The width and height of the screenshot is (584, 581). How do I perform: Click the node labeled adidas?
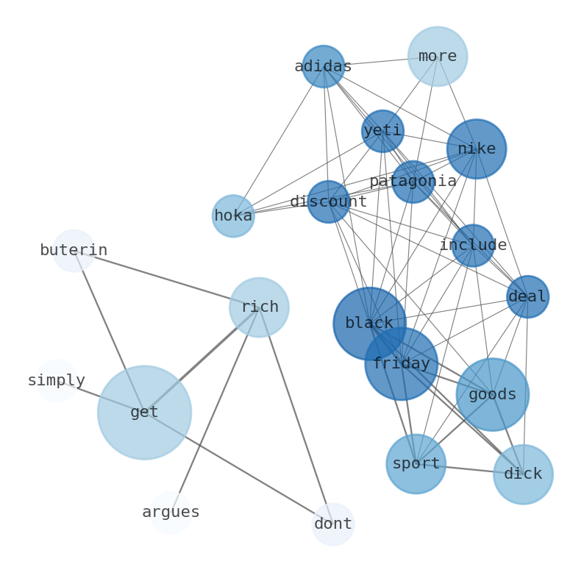323,66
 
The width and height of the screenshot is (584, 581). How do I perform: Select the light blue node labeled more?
437,56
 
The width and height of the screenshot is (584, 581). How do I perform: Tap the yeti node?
382,131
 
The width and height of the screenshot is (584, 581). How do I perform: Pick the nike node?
476,149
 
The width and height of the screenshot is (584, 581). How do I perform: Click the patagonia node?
413,181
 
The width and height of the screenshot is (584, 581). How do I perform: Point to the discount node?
328,202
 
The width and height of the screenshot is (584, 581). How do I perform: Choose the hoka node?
233,216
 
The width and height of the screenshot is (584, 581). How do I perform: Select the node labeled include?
473,245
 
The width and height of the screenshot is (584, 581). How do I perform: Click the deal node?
527,296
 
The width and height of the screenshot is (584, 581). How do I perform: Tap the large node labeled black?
369,323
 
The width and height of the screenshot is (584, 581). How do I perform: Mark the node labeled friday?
401,363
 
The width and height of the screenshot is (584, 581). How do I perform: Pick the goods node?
492,394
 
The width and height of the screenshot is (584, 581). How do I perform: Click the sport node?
416,463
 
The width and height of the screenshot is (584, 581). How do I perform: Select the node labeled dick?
523,474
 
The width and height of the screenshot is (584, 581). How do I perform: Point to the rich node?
259,307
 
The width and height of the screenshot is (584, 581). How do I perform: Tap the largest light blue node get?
144,412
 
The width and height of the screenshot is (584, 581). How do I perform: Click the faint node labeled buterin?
74,250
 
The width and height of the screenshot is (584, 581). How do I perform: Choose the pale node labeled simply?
57,380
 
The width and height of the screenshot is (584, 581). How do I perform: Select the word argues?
171,512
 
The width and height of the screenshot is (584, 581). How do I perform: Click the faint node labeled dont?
333,524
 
